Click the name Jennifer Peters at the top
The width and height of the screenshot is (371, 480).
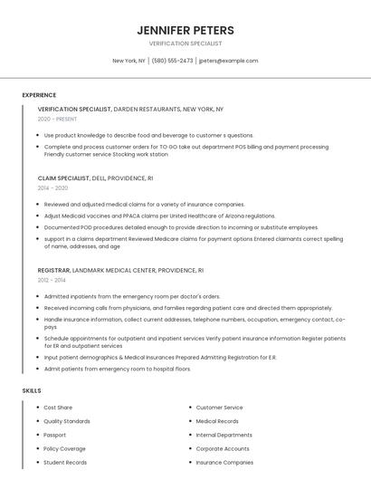[185, 30]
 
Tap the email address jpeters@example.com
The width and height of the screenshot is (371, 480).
[228, 61]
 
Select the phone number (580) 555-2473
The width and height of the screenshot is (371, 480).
[172, 61]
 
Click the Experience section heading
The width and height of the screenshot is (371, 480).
[39, 95]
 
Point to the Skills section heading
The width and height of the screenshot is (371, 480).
[32, 390]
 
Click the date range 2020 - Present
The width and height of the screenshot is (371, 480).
[57, 119]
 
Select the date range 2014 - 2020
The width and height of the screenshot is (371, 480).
[52, 188]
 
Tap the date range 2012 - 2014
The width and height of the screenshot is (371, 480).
[52, 280]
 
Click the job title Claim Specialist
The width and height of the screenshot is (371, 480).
[63, 178]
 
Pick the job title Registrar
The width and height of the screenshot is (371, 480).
[53, 270]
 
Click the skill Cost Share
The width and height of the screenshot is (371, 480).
[58, 408]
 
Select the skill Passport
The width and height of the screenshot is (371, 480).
[55, 435]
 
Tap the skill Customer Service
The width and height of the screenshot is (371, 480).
[219, 408]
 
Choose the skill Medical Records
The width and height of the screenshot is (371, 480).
[217, 421]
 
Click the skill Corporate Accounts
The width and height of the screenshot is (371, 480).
[223, 448]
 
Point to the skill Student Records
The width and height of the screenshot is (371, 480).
[65, 463]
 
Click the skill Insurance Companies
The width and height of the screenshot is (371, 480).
[224, 463]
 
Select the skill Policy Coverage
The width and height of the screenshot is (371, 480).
[64, 448]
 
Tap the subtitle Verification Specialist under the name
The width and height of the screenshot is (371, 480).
[185, 43]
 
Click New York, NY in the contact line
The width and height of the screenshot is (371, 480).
[128, 61]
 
